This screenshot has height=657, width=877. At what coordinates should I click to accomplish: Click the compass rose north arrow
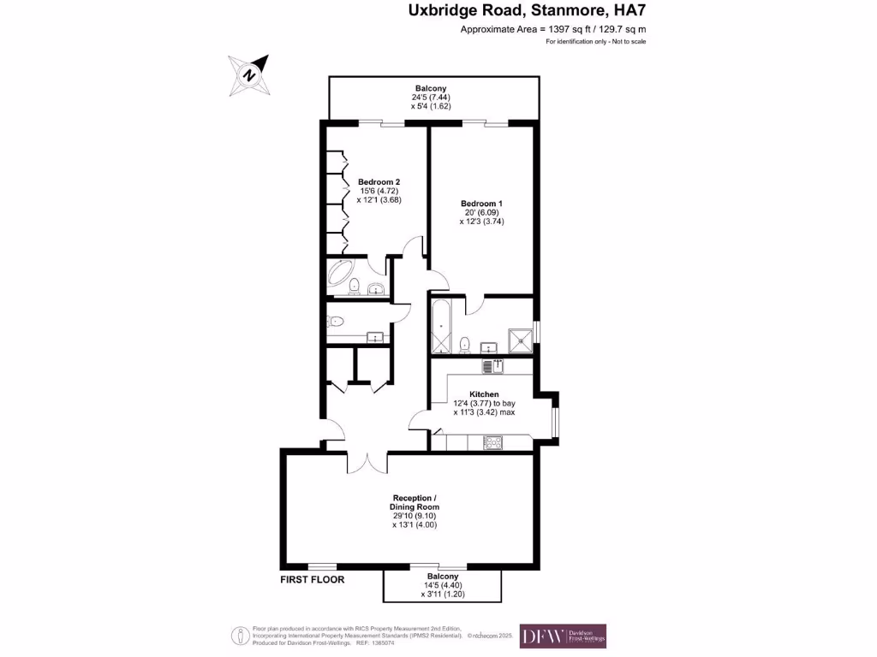coord(249,74)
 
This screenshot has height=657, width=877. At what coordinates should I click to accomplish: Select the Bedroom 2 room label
coord(379,181)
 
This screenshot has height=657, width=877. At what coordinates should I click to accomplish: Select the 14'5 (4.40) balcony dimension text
coord(442,585)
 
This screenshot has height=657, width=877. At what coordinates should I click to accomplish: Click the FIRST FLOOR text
coord(313,579)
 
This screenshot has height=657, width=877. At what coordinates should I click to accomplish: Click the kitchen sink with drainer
coord(492,366)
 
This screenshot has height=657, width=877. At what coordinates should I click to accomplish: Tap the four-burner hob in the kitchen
coord(494,442)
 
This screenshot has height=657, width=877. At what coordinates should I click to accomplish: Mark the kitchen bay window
coord(556,419)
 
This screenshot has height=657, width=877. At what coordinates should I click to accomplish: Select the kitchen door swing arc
coord(420,417)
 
